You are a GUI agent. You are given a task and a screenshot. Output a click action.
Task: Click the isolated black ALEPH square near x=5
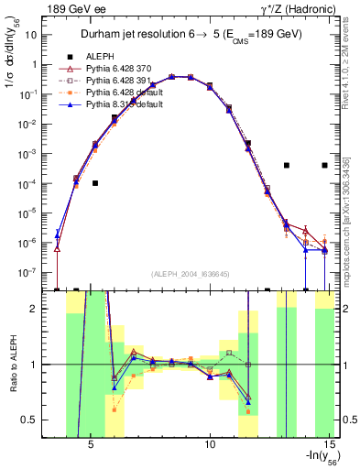[x=95, y=183]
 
